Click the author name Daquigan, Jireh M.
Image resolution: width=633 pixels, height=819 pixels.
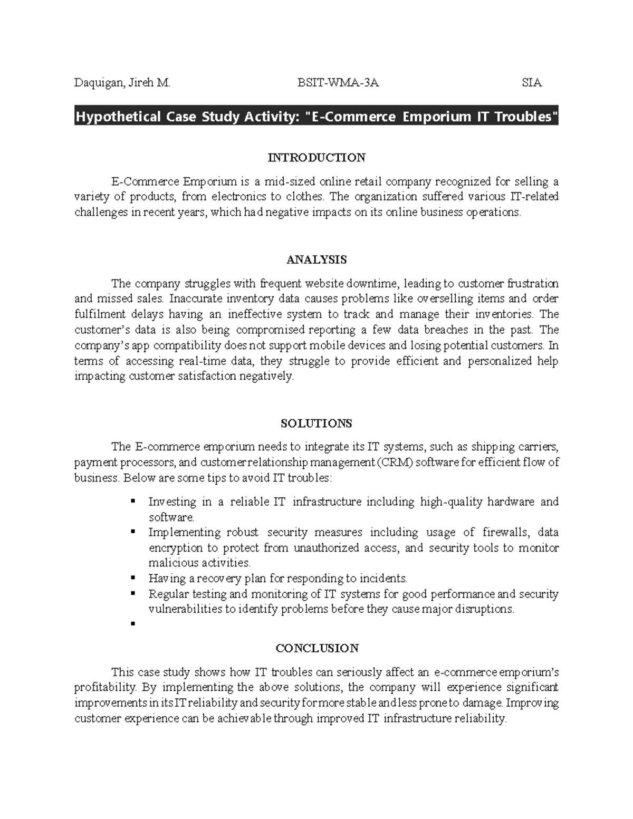coord(122,83)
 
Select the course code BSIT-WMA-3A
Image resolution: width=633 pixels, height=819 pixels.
coord(338,83)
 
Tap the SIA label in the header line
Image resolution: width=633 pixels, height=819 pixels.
coord(532,83)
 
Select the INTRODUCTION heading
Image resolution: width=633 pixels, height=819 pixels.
coord(316,158)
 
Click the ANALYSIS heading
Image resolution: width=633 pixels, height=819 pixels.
coord(316,259)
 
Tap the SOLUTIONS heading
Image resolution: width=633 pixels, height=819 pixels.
coord(316,423)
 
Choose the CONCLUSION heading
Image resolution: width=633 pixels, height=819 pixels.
coord(316,648)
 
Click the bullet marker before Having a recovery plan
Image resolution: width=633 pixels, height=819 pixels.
coord(132,578)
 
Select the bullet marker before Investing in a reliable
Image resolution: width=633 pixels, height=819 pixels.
coord(132,501)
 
